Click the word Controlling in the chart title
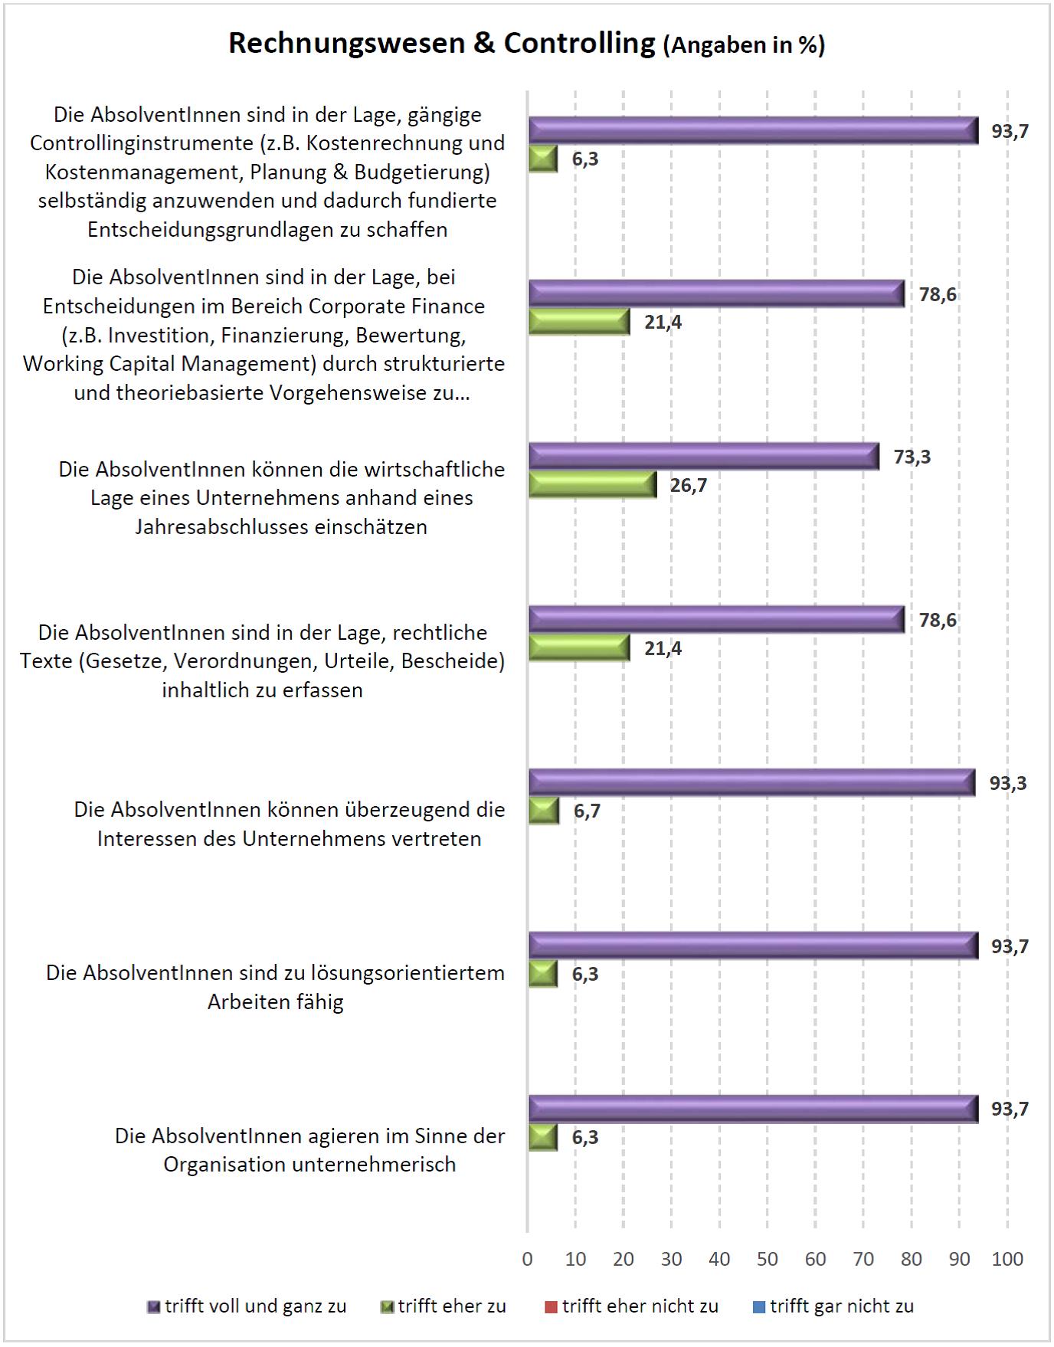(580, 44)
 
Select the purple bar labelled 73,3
(703, 457)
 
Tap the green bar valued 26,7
(592, 484)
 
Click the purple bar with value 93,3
(751, 782)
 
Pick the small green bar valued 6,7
(544, 811)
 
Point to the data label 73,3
(912, 457)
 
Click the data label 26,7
(689, 486)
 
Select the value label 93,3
(1008, 783)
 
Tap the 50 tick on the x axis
(767, 1259)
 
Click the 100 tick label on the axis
(1007, 1259)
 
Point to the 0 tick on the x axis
(527, 1259)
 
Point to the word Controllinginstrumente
(140, 143)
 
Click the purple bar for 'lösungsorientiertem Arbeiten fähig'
(753, 946)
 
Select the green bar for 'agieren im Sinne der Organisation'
(542, 1137)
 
